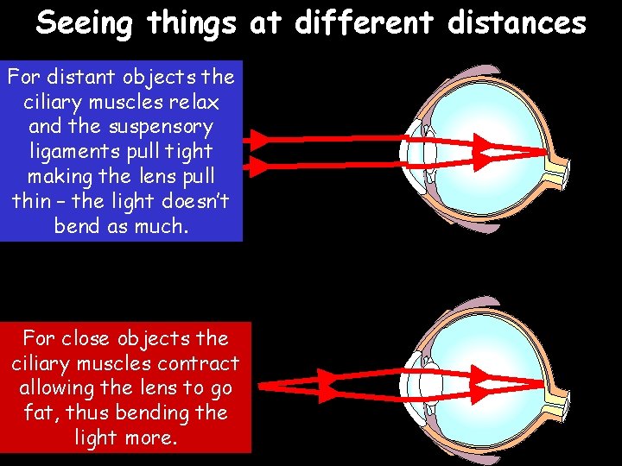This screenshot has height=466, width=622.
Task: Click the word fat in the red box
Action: click(x=40, y=413)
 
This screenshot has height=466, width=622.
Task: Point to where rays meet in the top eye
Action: click(x=546, y=152)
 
